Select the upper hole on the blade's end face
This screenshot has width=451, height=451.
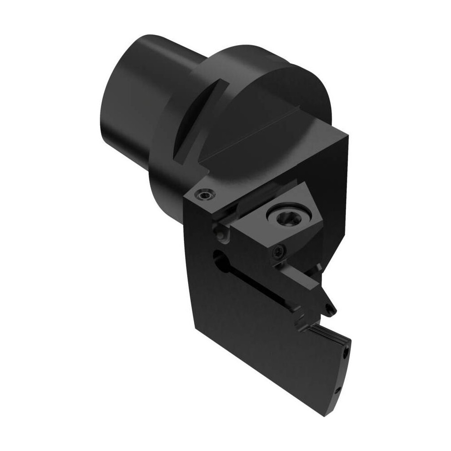(346, 350)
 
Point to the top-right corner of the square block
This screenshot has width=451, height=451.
(348, 133)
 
